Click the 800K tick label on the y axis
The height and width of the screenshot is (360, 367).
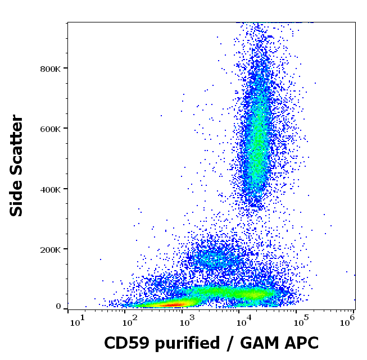point(50,69)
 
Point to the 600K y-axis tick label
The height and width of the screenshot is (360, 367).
point(50,129)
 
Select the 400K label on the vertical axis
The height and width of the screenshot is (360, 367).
point(50,189)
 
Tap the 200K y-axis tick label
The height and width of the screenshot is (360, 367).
point(50,249)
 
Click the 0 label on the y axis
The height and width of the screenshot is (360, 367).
point(58,307)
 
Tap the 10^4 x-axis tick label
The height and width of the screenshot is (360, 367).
point(243,321)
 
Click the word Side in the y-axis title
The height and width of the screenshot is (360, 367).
point(17,197)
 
